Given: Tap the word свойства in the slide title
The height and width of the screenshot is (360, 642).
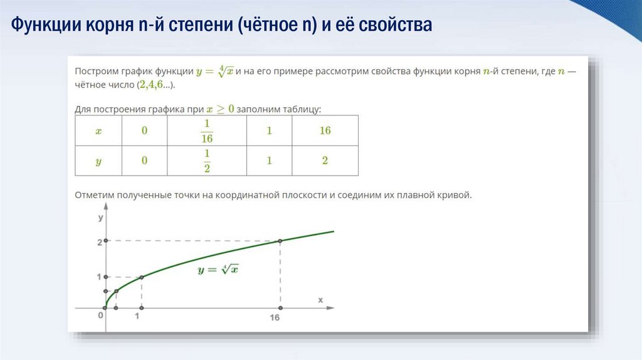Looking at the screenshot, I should coord(396,26).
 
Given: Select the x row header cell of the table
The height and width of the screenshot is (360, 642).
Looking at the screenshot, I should coord(98,130).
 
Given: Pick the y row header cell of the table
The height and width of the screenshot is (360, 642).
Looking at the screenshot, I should coord(98,161).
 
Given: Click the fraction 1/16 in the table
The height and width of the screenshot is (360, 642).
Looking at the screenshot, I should coord(207,130).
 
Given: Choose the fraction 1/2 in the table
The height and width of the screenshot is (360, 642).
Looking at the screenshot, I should coord(207,161).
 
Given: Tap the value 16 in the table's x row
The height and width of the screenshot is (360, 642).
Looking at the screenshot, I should coord(325,130).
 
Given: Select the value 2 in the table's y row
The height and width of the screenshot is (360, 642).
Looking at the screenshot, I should coord(325,161).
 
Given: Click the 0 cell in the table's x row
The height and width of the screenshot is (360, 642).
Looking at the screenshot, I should coord(144,130).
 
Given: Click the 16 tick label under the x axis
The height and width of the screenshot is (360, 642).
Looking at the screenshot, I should coord(275,318).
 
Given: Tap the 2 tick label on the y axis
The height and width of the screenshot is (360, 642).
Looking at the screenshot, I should coord(99,242).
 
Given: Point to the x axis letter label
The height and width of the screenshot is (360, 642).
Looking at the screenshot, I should coord(320,300).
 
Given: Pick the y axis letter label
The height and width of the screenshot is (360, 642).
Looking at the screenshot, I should coord(100,218).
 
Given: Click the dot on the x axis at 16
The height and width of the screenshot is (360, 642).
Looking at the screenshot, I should coord(280,308).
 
